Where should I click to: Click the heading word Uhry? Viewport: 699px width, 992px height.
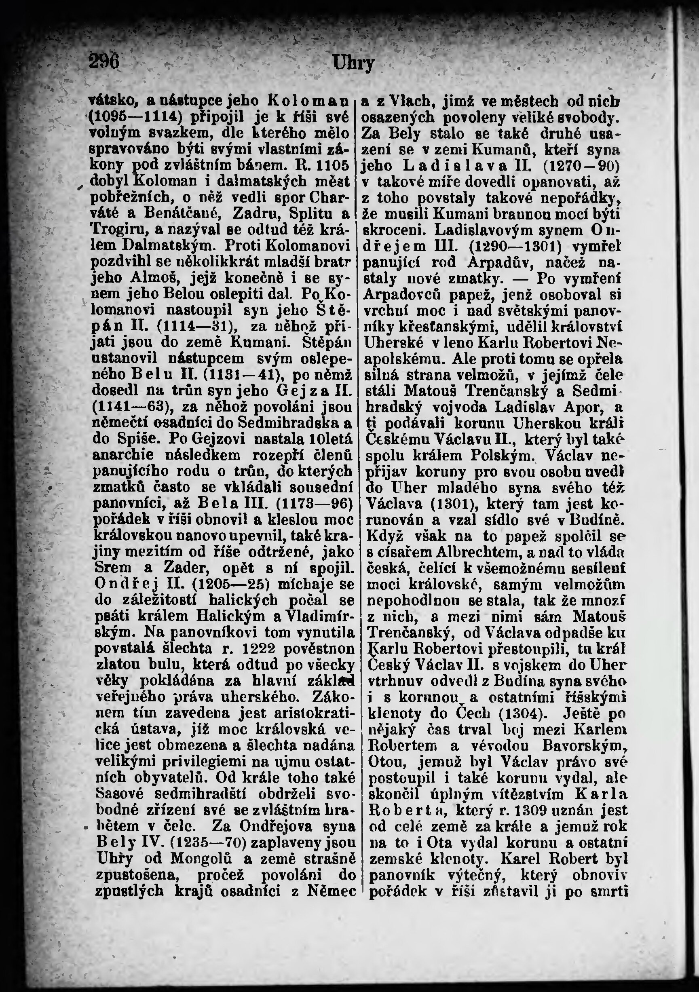click(x=353, y=64)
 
